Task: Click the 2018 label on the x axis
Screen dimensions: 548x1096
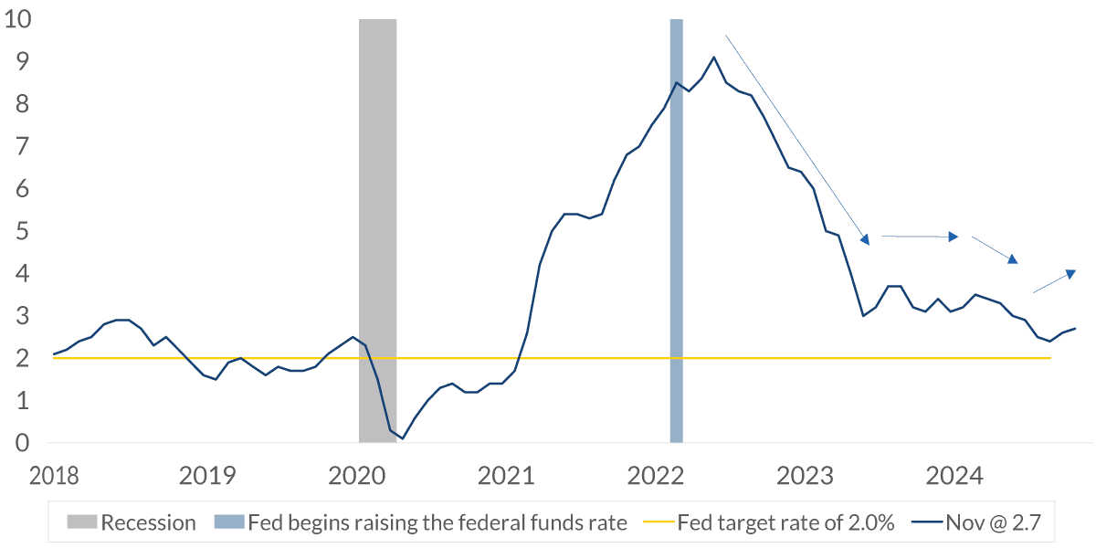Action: (x=54, y=476)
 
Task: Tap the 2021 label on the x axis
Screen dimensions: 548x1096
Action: (x=505, y=476)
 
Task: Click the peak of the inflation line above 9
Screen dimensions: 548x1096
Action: (x=713, y=58)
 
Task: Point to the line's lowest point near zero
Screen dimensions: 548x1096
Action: (x=402, y=438)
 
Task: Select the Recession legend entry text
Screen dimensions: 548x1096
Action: (x=148, y=523)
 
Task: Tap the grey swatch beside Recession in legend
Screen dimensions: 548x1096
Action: (x=81, y=523)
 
